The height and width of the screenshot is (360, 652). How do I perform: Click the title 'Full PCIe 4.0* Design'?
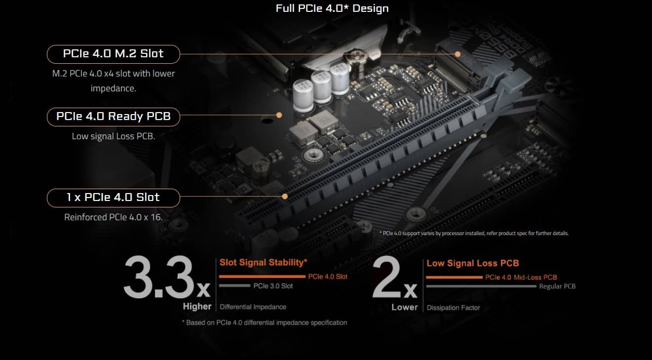[x=332, y=8]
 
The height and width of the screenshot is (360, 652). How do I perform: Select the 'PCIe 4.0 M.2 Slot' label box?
[x=113, y=54]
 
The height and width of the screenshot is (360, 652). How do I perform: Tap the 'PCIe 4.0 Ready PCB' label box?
[x=113, y=117]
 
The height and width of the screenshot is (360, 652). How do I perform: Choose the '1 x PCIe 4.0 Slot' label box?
[x=113, y=198]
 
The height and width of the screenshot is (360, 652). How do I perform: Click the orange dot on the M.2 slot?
[x=458, y=54]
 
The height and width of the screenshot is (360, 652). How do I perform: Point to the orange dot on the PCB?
[x=279, y=115]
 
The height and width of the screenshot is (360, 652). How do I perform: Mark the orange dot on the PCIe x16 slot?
[x=285, y=196]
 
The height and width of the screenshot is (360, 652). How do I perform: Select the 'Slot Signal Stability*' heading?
[x=264, y=262]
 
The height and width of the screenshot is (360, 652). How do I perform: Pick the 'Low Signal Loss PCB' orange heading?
[x=472, y=263]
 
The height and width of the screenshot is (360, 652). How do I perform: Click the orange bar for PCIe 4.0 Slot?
[x=262, y=277]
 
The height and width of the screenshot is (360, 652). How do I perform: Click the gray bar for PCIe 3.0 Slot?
[x=234, y=286]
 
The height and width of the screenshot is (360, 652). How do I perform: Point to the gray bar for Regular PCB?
[x=481, y=286]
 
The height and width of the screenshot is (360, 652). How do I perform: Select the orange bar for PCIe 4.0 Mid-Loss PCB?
[x=454, y=278]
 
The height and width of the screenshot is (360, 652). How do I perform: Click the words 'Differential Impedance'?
[x=253, y=307]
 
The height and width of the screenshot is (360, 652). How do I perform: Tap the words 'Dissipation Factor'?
[x=453, y=308]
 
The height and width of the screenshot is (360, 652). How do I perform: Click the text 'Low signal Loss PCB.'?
[x=113, y=136]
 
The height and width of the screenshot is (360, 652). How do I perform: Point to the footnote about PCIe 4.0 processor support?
[x=474, y=233]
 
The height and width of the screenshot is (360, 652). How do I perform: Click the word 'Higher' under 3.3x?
[x=197, y=306]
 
